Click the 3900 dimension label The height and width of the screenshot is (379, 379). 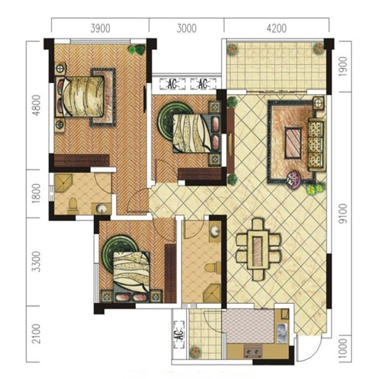[100, 28]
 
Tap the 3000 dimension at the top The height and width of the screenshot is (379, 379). [186, 28]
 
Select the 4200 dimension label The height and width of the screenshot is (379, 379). [277, 28]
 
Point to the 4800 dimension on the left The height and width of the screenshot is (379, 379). [36, 105]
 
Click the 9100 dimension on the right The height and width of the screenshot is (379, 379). [342, 214]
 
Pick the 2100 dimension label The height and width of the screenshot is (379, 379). [36, 334]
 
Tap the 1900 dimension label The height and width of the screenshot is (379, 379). [342, 66]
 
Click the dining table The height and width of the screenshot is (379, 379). [258, 249]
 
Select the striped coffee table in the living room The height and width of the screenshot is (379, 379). [294, 143]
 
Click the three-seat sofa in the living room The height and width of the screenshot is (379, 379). [316, 144]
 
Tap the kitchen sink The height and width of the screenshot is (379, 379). [282, 333]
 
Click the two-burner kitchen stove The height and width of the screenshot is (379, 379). [253, 351]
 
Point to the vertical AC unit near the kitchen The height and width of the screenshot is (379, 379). [179, 335]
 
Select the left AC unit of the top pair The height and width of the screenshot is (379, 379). [172, 84]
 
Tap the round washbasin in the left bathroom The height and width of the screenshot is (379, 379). [102, 208]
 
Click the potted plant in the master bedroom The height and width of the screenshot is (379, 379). [136, 49]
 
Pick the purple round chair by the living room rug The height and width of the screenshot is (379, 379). [294, 179]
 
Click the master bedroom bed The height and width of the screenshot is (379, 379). [80, 96]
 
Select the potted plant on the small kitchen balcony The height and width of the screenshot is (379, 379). [196, 352]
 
